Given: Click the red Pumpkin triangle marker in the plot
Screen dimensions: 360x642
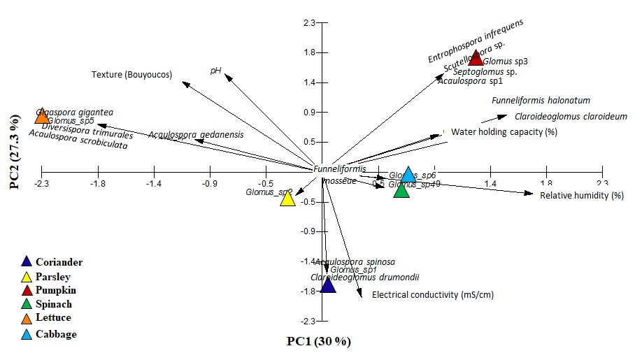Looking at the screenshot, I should pyautogui.click(x=476, y=58).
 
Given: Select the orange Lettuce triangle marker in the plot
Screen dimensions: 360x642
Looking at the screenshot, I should pyautogui.click(x=42, y=115).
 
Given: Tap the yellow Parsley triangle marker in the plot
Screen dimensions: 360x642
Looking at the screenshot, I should pyautogui.click(x=287, y=199).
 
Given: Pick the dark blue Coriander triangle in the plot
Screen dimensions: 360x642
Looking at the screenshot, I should pyautogui.click(x=328, y=285).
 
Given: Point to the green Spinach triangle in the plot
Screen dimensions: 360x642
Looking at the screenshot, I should pyautogui.click(x=401, y=190).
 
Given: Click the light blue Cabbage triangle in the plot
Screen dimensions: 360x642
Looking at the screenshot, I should pyautogui.click(x=409, y=175).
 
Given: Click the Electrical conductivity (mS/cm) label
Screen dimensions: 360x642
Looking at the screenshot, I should pyautogui.click(x=432, y=295).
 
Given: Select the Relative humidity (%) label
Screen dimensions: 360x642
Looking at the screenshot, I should pyautogui.click(x=581, y=195).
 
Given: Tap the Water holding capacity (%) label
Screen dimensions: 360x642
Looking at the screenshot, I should pyautogui.click(x=504, y=131).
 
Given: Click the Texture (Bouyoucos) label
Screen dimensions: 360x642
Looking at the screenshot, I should pyautogui.click(x=131, y=75).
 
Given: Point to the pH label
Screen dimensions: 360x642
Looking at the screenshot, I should pyautogui.click(x=216, y=70).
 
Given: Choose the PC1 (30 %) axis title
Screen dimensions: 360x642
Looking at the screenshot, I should pyautogui.click(x=318, y=342).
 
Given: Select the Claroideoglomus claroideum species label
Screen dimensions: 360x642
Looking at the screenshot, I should pyautogui.click(x=571, y=117).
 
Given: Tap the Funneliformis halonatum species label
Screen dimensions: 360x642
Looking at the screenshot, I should pyautogui.click(x=541, y=101).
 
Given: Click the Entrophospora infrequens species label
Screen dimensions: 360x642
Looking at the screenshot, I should pyautogui.click(x=476, y=41).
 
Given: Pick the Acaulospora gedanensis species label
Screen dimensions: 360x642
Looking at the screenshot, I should pyautogui.click(x=196, y=134).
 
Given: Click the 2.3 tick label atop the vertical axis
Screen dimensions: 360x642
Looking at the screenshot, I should pyautogui.click(x=308, y=24).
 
